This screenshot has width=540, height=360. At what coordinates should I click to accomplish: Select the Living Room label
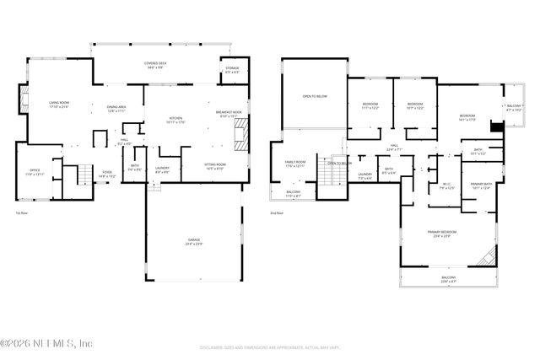(x=58, y=104)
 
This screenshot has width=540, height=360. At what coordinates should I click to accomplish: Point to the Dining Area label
(x=116, y=109)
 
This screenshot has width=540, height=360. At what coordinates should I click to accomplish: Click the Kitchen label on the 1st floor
(x=176, y=119)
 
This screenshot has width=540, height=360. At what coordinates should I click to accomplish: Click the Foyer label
(x=107, y=174)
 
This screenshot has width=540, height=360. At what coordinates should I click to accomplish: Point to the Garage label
(x=194, y=242)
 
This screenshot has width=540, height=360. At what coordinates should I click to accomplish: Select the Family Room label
(x=294, y=164)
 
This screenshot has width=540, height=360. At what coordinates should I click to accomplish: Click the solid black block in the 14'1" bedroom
(x=496, y=126)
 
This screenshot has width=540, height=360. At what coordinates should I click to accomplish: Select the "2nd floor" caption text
(x=278, y=214)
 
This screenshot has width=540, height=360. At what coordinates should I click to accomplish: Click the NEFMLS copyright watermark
(x=47, y=342)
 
